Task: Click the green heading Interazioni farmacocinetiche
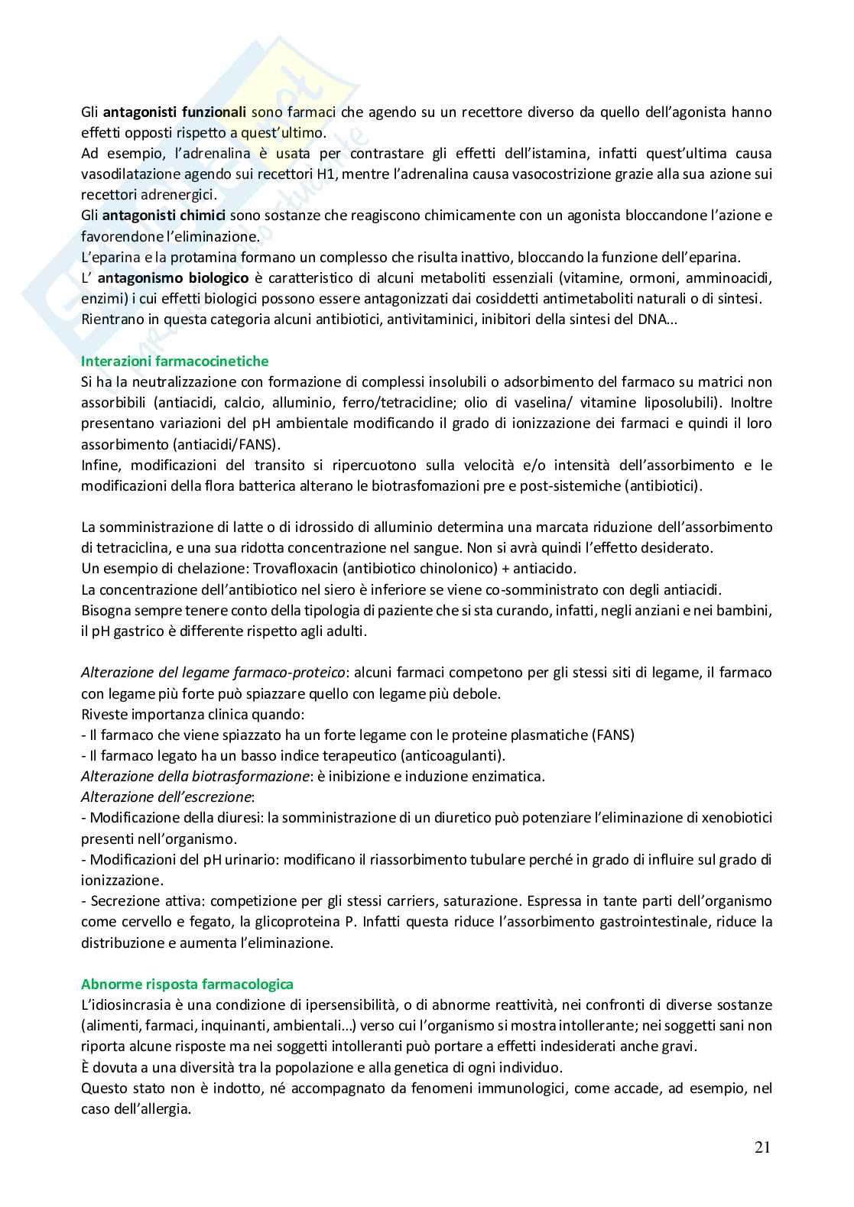pyautogui.click(x=174, y=361)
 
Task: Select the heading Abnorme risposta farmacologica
pyautogui.click(x=187, y=984)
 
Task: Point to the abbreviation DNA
pyautogui.click(x=654, y=320)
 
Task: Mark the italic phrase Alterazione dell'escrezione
pyautogui.click(x=167, y=797)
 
